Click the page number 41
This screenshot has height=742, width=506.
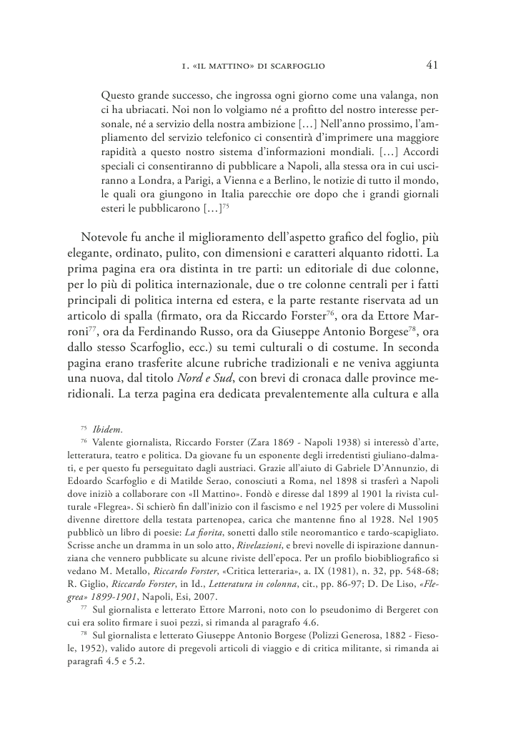tap(431, 66)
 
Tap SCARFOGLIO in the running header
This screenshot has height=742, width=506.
tap(297, 67)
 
